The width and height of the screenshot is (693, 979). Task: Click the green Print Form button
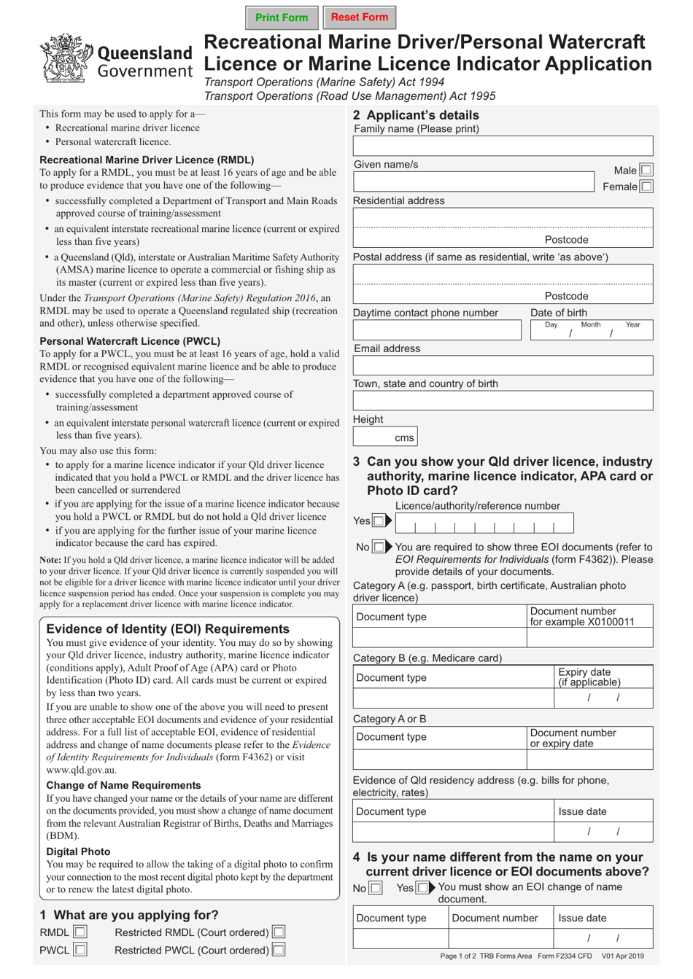282,17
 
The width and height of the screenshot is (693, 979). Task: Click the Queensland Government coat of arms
66,58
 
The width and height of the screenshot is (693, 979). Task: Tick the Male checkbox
646,170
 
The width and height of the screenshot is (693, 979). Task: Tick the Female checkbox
646,187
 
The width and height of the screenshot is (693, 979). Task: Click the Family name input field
503,146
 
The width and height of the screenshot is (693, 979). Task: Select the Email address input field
503,365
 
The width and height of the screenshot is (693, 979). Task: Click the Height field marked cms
384,437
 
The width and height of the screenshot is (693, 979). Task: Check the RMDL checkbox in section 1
80,932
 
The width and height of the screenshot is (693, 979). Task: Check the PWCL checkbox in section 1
80,950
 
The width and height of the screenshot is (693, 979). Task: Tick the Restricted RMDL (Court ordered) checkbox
278,932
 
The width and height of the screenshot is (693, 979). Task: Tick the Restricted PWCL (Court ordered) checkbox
278,950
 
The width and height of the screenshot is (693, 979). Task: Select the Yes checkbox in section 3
378,520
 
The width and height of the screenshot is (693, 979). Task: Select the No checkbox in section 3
378,547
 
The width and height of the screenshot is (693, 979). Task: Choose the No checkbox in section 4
375,888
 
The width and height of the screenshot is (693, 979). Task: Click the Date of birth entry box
591,330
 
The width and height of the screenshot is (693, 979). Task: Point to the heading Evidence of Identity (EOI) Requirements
168,629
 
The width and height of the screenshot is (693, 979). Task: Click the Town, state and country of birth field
503,400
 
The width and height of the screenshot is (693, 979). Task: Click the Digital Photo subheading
78,851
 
